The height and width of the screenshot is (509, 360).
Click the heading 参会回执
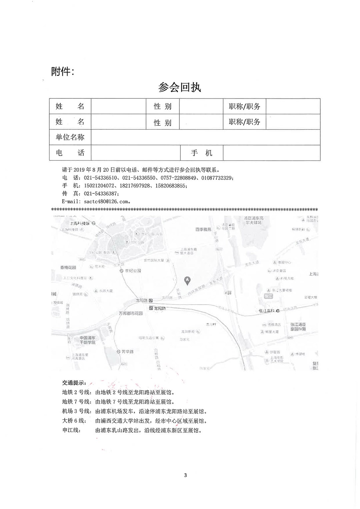(x=180, y=87)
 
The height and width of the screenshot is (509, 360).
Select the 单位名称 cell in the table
(x=70, y=137)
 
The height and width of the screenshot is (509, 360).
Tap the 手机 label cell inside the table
(x=201, y=153)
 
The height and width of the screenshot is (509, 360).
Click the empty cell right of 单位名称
(x=205, y=137)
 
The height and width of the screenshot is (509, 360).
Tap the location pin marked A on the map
(x=188, y=281)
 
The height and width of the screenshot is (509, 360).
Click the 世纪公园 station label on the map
(x=132, y=271)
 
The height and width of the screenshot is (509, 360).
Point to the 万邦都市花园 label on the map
(x=131, y=314)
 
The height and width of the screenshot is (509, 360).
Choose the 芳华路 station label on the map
(x=127, y=352)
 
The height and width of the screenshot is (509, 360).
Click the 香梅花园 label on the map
(x=68, y=268)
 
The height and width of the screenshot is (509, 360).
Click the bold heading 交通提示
(x=74, y=382)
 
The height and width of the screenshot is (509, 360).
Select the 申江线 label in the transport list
(x=71, y=430)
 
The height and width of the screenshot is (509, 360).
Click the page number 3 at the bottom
(x=185, y=475)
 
